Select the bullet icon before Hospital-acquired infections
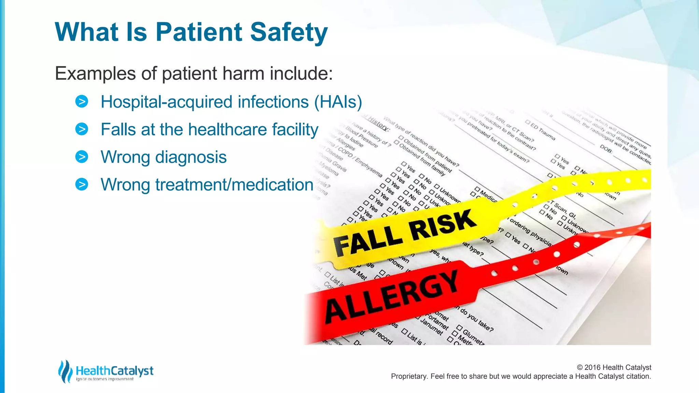pyautogui.click(x=82, y=102)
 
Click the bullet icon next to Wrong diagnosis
pyautogui.click(x=82, y=157)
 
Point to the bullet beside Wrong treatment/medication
pyautogui.click(x=82, y=185)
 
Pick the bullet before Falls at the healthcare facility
pyautogui.click(x=82, y=129)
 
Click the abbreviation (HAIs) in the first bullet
pyautogui.click(x=338, y=102)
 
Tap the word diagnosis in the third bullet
pyautogui.click(x=191, y=157)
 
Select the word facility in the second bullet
pyautogui.click(x=295, y=130)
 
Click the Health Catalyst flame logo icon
pyautogui.click(x=65, y=371)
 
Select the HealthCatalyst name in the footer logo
pyautogui.click(x=115, y=370)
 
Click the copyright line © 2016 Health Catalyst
pyautogui.click(x=614, y=367)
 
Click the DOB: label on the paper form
pyautogui.click(x=606, y=149)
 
